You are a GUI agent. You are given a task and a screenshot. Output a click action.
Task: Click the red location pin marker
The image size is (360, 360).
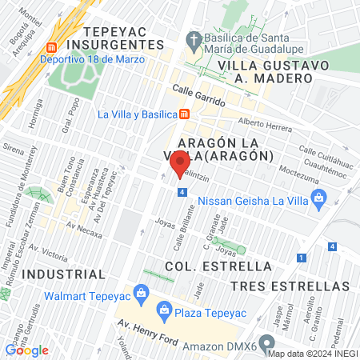[x=178, y=166]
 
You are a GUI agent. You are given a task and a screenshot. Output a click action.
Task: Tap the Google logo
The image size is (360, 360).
[x=26, y=350]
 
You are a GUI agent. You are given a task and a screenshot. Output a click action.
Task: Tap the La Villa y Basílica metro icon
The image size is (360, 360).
[x=184, y=114]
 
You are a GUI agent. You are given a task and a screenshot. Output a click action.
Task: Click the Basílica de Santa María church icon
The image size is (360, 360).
[x=193, y=38]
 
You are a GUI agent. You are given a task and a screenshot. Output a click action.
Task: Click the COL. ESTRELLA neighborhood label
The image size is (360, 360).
[x=218, y=266]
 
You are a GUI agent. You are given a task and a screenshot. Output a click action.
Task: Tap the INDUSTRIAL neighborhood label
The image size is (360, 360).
[x=63, y=274]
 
